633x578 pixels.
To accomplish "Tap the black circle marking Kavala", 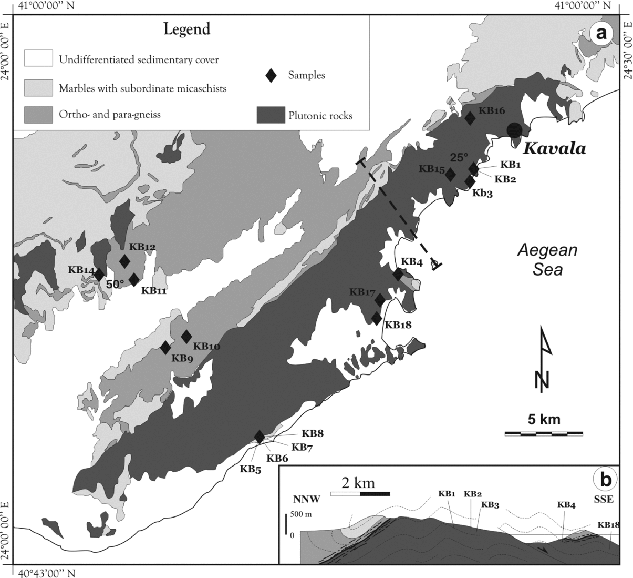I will (514, 130).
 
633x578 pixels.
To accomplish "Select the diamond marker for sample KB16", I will (471, 118).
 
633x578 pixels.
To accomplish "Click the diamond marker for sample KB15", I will (450, 175).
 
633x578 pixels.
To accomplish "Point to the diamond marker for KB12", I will (124, 261).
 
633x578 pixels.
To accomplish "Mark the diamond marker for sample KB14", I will (99, 275).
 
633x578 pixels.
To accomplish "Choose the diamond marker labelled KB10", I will (186, 337).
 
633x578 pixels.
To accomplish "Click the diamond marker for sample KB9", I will (165, 348).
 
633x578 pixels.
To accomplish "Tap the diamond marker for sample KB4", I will (398, 275).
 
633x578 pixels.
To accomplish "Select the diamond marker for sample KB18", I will (377, 319).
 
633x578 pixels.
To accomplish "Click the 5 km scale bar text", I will (544, 420).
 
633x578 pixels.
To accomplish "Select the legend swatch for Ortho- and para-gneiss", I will (38, 114).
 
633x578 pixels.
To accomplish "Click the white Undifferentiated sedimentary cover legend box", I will (38, 58).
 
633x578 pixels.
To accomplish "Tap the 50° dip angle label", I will (115, 284).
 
